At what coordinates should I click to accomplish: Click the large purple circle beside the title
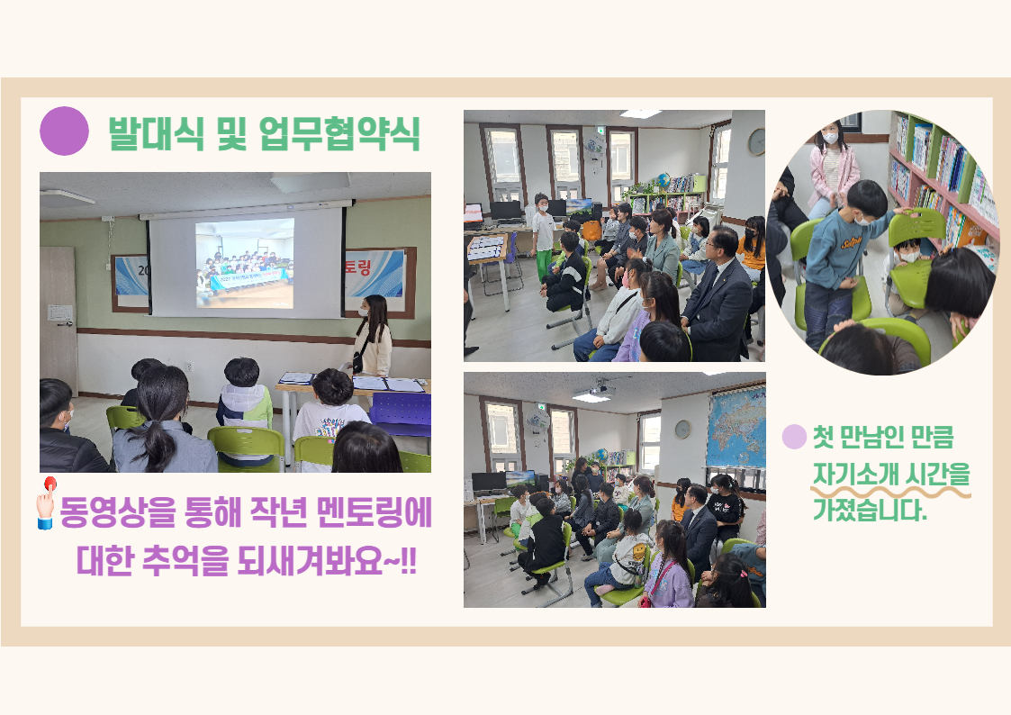[x=64, y=131]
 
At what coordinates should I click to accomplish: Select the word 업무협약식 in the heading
[x=339, y=133]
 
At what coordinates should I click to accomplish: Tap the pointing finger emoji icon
[x=47, y=502]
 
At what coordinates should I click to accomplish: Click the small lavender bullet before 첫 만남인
[x=794, y=437]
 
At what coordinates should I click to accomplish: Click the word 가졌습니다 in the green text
[x=869, y=510]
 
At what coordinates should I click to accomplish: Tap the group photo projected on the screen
[x=245, y=263]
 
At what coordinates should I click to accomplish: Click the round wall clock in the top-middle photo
[x=756, y=142]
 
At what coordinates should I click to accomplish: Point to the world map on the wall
[x=736, y=427]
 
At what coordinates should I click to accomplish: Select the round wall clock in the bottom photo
[x=682, y=429]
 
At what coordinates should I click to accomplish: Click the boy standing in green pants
[x=543, y=236]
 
